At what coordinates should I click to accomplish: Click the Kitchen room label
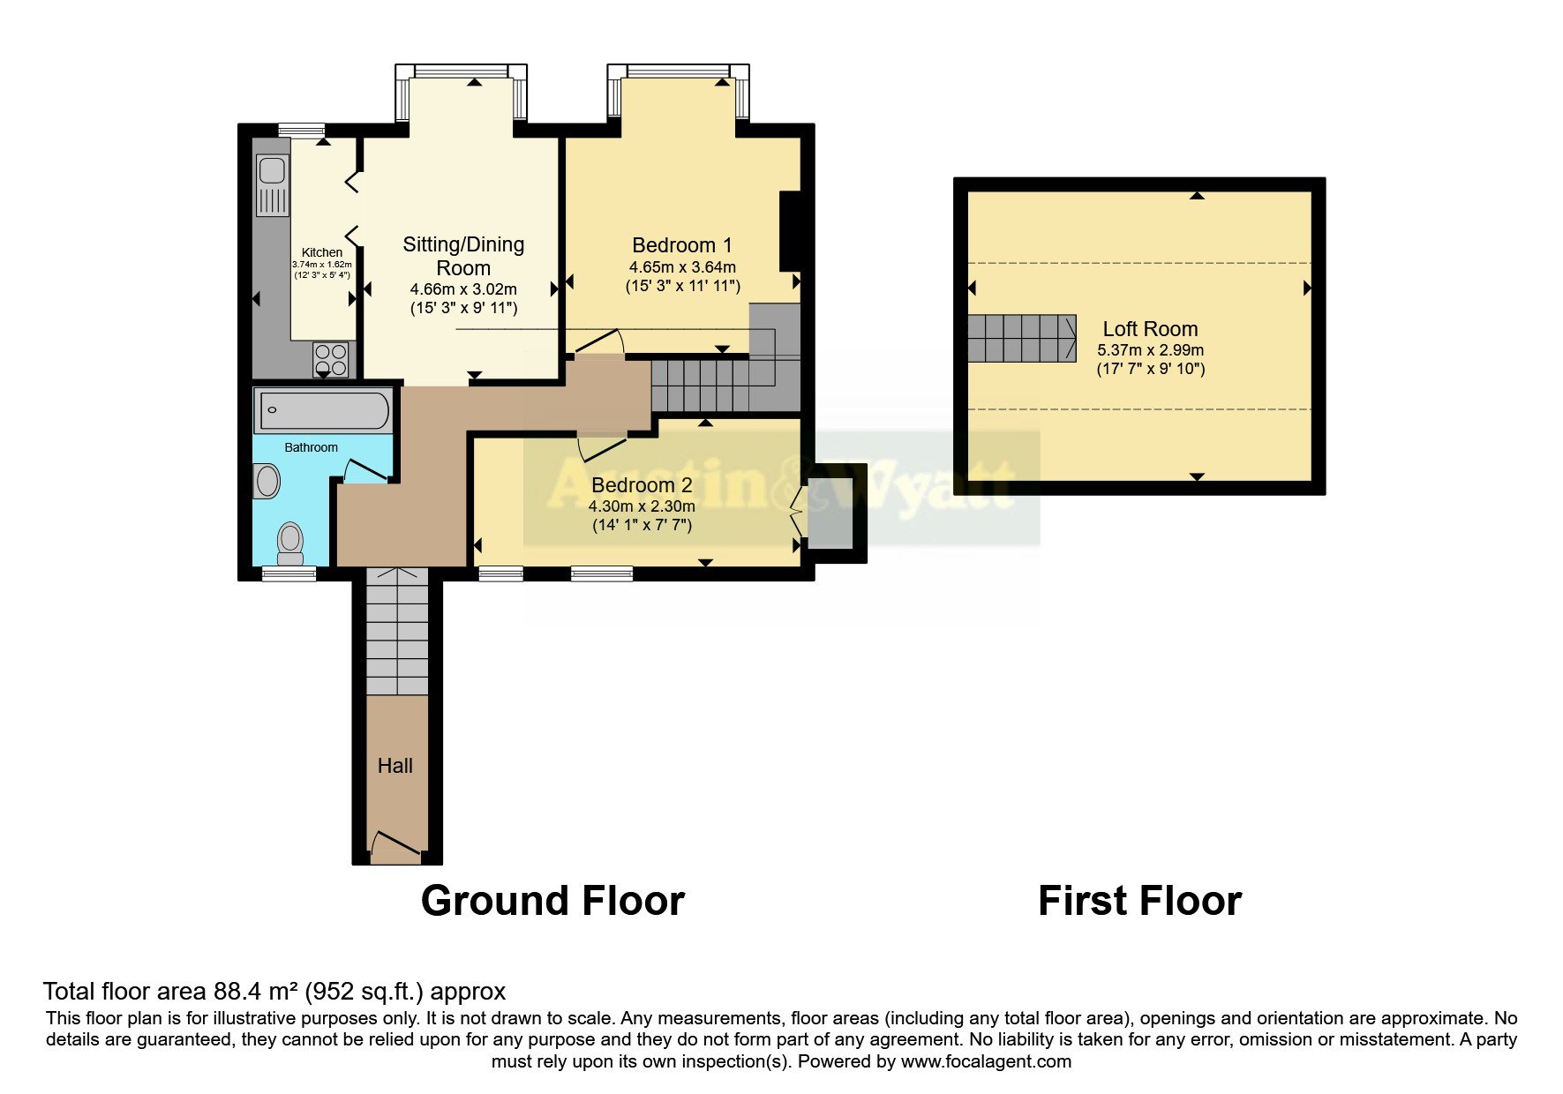pos(321,252)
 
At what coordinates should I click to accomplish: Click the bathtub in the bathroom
pos(323,410)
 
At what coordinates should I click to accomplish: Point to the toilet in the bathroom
pos(289,543)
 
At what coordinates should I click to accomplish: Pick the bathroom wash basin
pos(267,482)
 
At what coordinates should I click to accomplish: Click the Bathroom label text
pos(311,447)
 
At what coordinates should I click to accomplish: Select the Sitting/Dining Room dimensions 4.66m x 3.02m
pos(463,288)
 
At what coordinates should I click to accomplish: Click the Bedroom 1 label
pos(681,245)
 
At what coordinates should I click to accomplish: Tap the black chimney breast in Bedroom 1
pos(789,231)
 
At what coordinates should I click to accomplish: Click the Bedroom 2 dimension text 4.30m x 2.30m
pos(642,506)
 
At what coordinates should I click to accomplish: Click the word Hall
pos(395,766)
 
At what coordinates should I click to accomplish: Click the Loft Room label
pos(1150,329)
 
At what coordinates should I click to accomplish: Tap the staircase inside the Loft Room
pos(1021,338)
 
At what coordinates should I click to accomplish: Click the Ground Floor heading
pos(552,901)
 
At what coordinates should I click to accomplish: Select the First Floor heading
pos(1139,901)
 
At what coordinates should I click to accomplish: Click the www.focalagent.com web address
pos(986,1061)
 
